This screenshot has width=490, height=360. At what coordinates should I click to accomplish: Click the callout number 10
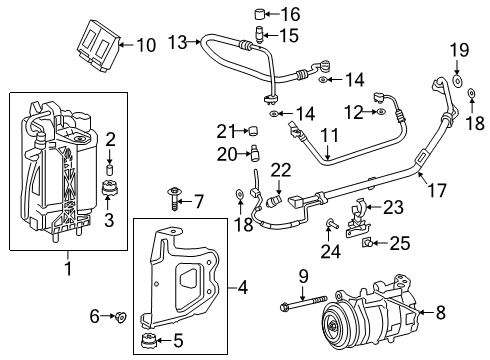tap(145, 45)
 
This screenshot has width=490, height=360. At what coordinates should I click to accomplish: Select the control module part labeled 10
tap(98, 44)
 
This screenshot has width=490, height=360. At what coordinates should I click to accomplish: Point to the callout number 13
tap(178, 41)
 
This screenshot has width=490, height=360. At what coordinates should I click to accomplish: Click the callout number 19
tap(458, 51)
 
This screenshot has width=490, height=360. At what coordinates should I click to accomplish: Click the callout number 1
tap(67, 268)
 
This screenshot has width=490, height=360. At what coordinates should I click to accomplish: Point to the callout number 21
tap(226, 130)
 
